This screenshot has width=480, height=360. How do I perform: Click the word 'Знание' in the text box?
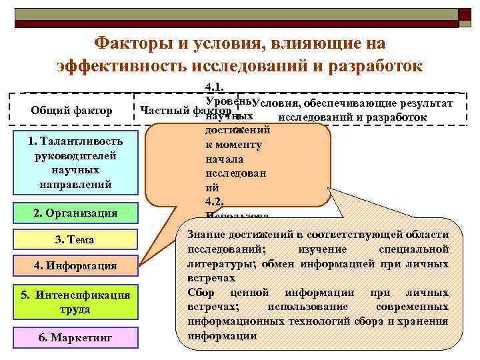pos(207,235)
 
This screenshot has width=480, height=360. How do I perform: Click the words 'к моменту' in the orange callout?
pos(233,145)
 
